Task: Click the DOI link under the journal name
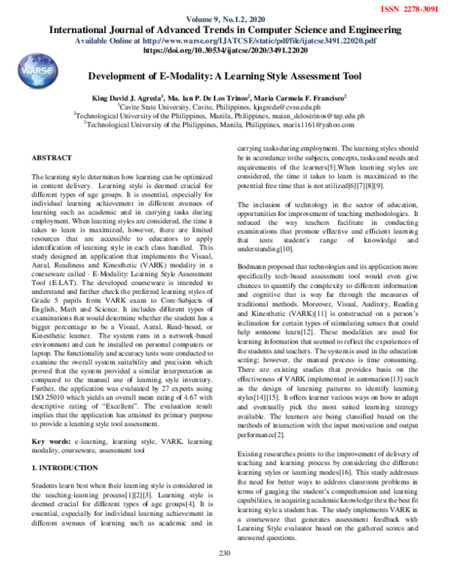pyautogui.click(x=224, y=53)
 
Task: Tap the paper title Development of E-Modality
pyautogui.click(x=225, y=76)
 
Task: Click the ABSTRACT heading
pyautogui.click(x=52, y=158)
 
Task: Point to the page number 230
pyautogui.click(x=223, y=574)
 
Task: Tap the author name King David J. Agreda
pyautogui.click(x=139, y=97)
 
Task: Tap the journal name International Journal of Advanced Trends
pyautogui.click(x=224, y=30)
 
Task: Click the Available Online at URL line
pyautogui.click(x=224, y=42)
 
